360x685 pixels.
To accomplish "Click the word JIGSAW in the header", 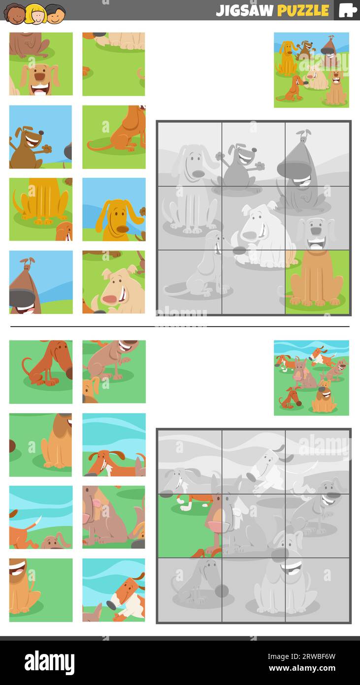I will click(245, 10).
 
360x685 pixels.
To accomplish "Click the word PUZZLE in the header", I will click(302, 10).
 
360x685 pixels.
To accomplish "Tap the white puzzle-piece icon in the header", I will click(347, 10).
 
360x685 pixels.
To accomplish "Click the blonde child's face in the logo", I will click(35, 14).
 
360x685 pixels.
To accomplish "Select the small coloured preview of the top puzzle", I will click(311, 69).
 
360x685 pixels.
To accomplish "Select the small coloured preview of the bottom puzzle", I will click(311, 377).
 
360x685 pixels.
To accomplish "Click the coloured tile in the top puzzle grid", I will click(317, 282).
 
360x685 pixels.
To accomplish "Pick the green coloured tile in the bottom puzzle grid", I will click(190, 525).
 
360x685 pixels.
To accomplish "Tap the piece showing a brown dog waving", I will click(40, 137).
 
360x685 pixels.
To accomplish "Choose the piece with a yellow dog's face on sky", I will click(114, 209).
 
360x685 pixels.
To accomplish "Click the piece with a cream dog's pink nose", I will click(114, 282).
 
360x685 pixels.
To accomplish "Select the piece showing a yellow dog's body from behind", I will click(40, 209).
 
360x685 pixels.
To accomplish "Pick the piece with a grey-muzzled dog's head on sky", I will click(40, 282).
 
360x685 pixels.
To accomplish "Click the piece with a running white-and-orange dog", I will click(114, 590).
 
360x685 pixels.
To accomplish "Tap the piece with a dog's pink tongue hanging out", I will click(114, 517).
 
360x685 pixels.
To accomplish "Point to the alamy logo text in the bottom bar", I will click(50, 662).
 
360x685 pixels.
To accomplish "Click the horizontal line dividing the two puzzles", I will click(180, 326).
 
